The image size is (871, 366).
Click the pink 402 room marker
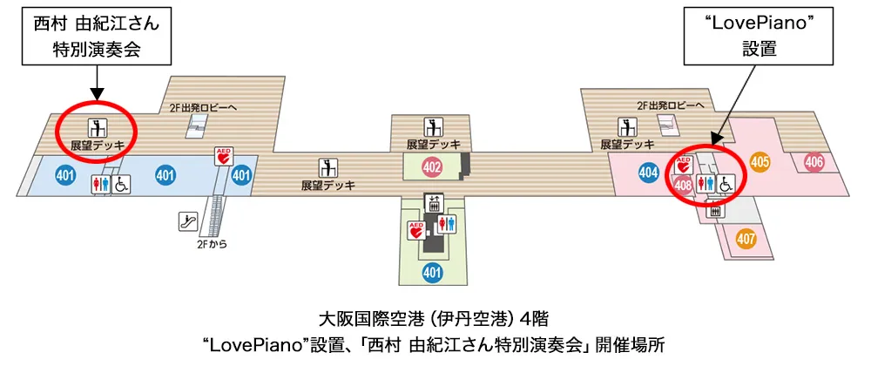click(x=432, y=166)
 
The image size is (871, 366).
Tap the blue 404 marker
click(x=648, y=173)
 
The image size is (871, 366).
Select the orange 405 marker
click(x=760, y=161)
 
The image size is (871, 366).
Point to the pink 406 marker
click(x=814, y=163)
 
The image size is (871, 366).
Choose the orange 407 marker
click(x=746, y=240)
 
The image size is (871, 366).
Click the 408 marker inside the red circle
click(x=683, y=186)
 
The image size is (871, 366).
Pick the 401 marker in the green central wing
click(x=432, y=272)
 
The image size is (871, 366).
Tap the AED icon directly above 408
click(x=683, y=165)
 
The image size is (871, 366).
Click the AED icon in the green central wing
click(x=416, y=229)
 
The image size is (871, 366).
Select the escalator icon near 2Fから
click(x=187, y=221)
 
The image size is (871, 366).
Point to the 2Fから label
click(x=209, y=243)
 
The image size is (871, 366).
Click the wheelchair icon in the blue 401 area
click(x=121, y=185)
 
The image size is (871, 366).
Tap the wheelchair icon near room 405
click(x=726, y=182)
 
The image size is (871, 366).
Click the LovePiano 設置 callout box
click(x=760, y=35)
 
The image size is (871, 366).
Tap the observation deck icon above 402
click(x=433, y=126)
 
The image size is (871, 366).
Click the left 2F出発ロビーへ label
click(x=203, y=107)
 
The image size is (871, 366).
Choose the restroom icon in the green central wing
click(x=447, y=223)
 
